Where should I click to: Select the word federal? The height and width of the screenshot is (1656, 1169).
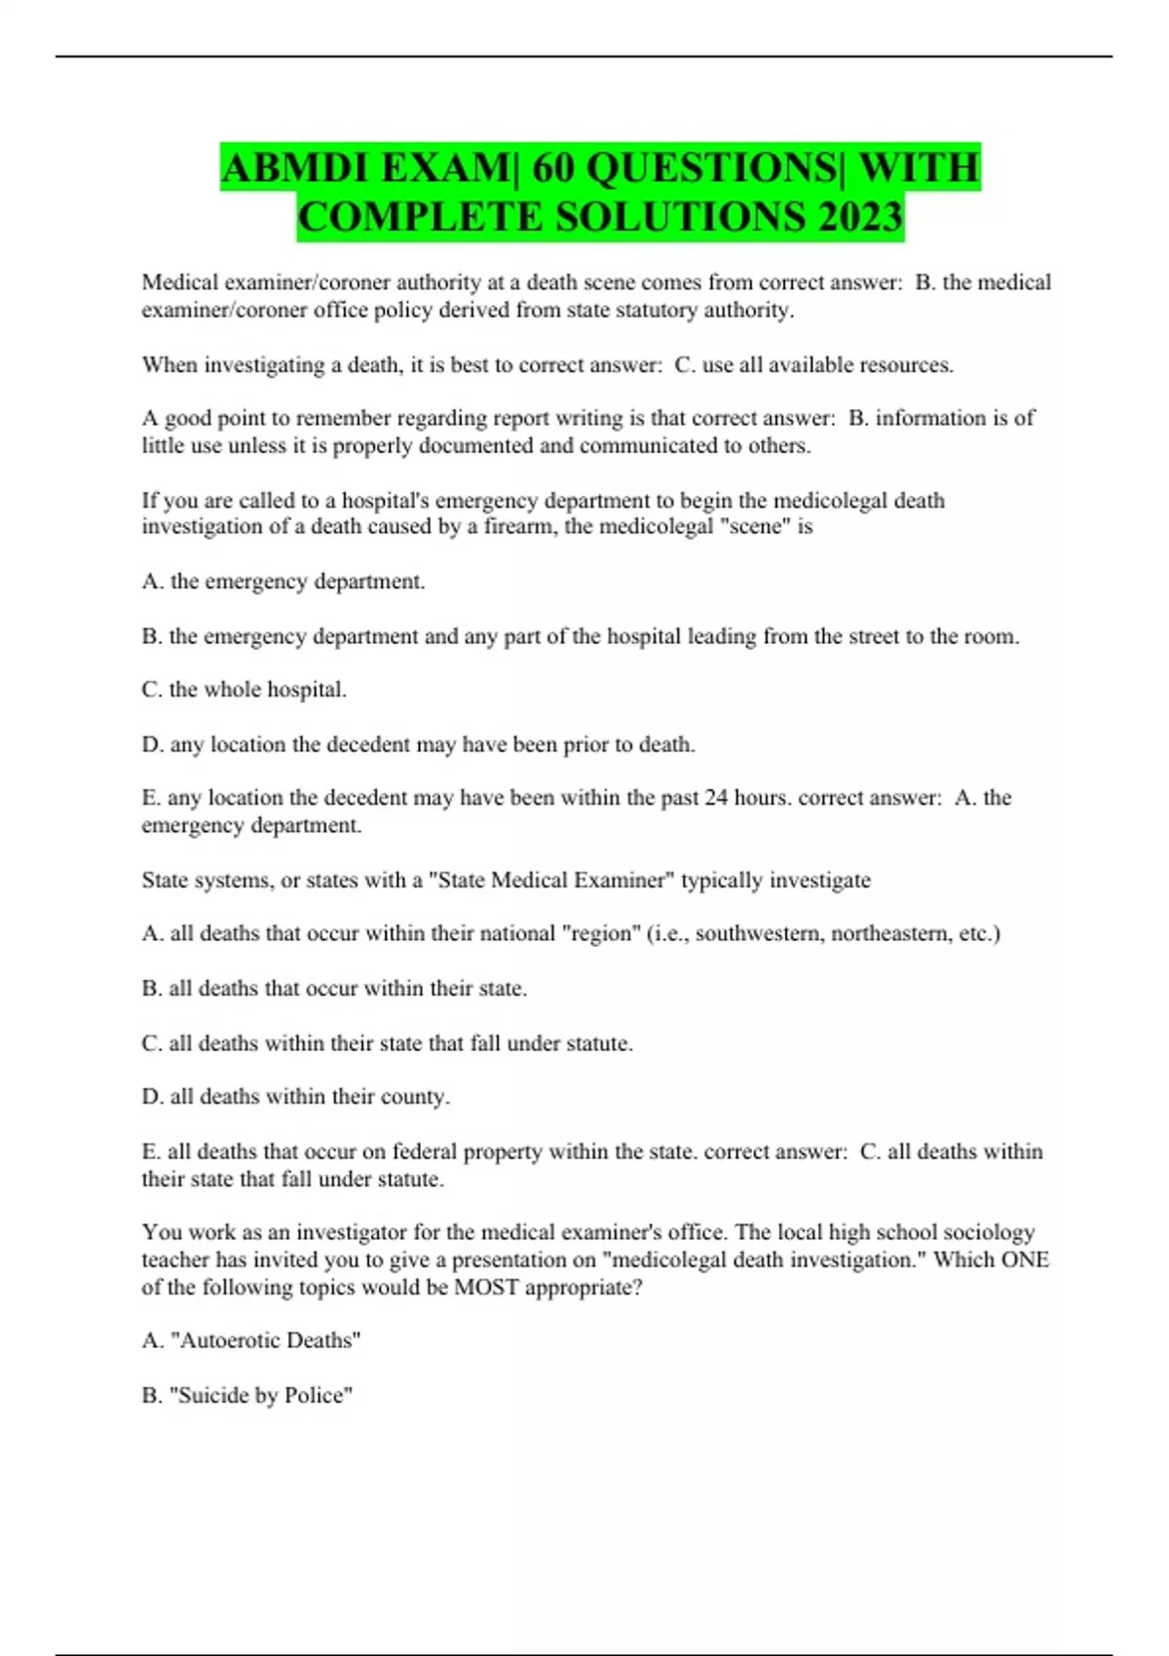point(425,1151)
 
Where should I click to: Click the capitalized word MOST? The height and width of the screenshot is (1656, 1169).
point(487,1287)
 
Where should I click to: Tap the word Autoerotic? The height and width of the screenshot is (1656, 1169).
point(225,1340)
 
